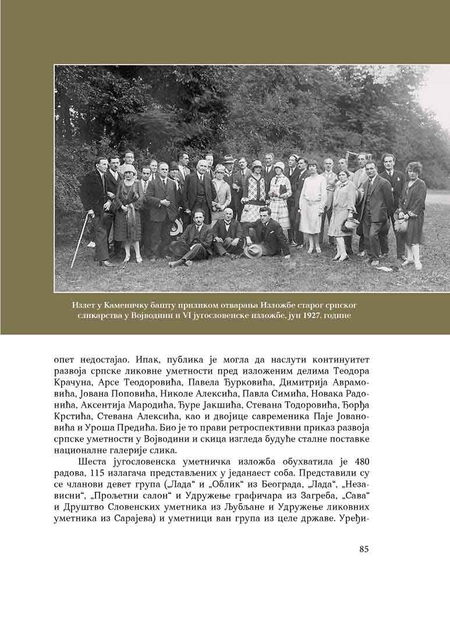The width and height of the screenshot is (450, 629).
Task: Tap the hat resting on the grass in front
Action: [x=253, y=250]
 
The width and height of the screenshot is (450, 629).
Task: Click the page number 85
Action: [x=364, y=548]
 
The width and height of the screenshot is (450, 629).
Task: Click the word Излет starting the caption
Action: [x=83, y=305]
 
